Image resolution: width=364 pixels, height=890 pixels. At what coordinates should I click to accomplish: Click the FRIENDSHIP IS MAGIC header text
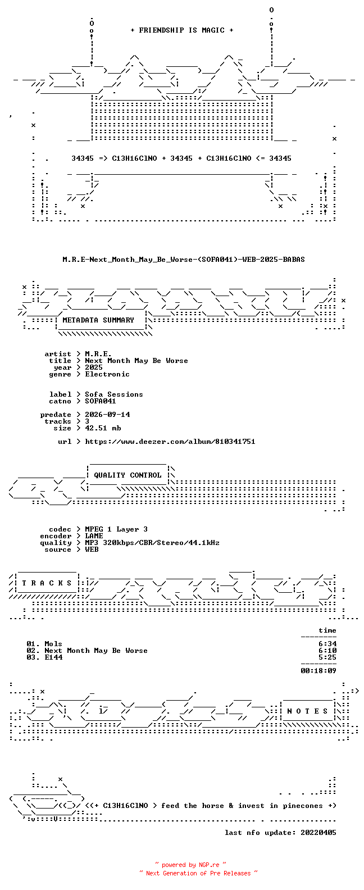coord(182,30)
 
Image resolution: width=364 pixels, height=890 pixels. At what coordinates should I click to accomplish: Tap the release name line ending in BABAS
coord(184,260)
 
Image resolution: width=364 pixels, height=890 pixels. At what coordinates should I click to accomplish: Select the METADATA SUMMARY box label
coord(98,320)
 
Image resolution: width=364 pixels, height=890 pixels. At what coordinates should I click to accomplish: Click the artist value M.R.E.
coord(98,354)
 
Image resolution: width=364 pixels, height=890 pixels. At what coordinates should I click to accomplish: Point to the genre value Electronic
coord(107,374)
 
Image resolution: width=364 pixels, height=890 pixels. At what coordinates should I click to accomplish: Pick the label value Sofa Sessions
coord(114,394)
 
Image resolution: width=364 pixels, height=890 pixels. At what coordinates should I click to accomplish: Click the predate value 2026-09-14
coord(107,415)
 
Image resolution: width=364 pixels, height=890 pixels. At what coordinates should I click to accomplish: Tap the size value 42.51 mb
coord(103,428)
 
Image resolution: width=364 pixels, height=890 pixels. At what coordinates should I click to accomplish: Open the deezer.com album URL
coord(170,442)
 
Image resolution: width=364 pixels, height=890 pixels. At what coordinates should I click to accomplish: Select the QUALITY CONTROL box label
coord(128,475)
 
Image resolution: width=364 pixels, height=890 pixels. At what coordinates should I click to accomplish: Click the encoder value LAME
coord(94,536)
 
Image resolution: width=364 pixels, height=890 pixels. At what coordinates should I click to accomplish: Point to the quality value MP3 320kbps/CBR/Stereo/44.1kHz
coord(152,543)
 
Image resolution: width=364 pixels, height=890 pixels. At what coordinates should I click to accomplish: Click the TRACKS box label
coord(47,583)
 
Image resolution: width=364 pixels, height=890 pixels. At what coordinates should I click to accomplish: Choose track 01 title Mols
coord(53,644)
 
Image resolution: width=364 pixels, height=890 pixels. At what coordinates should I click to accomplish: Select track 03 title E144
coord(53,657)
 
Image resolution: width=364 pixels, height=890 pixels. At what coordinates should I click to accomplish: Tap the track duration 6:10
coord(327,651)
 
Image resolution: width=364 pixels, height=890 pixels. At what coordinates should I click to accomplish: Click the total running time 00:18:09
coord(319,671)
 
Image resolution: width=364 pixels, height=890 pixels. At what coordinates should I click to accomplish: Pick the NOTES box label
coord(307,711)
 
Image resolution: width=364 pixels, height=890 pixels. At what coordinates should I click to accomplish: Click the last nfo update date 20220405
coord(319,832)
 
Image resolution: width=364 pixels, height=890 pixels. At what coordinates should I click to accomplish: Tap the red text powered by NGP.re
coord(191,865)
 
